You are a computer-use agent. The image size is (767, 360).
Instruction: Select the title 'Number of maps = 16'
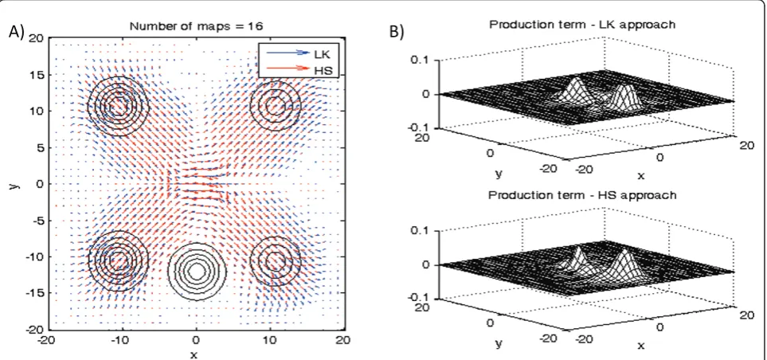[x=196, y=26]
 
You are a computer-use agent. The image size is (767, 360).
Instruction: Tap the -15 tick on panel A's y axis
[x=36, y=292]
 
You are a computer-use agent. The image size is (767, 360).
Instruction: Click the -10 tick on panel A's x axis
[x=121, y=339]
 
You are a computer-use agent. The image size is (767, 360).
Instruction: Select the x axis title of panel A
[x=194, y=355]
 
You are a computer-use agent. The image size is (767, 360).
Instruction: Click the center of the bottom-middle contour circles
[x=196, y=271]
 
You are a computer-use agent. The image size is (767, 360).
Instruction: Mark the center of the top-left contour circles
[x=117, y=104]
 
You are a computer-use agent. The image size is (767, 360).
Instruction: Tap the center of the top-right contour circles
[x=275, y=104]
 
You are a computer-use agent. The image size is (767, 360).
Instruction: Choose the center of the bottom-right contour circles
[x=275, y=260]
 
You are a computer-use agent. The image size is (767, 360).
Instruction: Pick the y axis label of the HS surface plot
[x=499, y=344]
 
